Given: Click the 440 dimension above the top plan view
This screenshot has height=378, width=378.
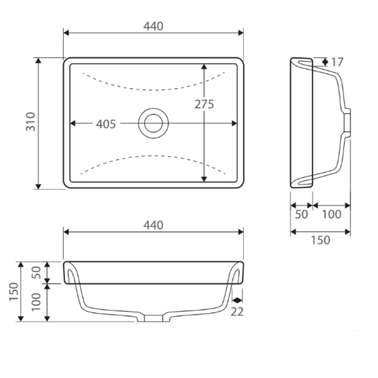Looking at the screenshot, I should [x=153, y=26].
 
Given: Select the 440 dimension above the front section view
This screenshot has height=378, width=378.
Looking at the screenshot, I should [x=153, y=226].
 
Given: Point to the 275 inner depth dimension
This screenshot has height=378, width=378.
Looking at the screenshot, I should [x=205, y=104].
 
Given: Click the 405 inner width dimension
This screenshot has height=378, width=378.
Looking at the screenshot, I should [x=106, y=124].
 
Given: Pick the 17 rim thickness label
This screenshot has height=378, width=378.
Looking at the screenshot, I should [x=337, y=62].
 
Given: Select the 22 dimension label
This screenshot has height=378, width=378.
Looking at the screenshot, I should [x=237, y=312].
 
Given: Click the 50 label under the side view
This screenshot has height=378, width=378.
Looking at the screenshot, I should [x=301, y=215].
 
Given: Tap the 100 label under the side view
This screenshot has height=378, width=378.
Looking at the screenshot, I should [x=332, y=215].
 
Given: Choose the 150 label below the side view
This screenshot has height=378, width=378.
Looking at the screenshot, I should [x=320, y=240].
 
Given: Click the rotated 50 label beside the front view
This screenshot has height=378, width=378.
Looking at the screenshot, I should [x=37, y=272].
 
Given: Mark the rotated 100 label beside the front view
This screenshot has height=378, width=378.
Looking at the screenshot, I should [x=37, y=302].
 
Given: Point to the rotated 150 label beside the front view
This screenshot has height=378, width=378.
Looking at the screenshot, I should [x=14, y=291].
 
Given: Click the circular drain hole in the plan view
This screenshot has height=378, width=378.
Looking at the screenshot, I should [x=153, y=123].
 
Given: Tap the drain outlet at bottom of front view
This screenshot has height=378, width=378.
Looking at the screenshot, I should [x=153, y=318].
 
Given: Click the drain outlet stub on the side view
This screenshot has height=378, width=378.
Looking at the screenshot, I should [x=347, y=123].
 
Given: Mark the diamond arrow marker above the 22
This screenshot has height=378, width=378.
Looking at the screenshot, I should [x=237, y=300].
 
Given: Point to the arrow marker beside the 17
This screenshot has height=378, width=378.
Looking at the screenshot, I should [x=325, y=62].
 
